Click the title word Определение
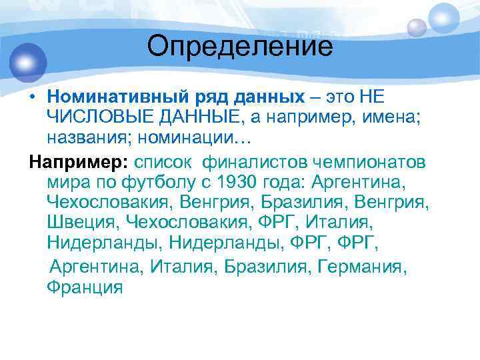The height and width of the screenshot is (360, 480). coord(240,47)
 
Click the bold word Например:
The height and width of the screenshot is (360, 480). coord(79,162)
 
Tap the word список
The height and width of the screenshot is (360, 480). coord(165,162)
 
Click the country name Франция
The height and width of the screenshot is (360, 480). coord(85,286)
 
